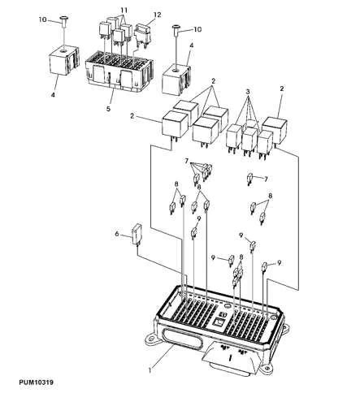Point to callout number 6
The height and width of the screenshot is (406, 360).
pos(116,235)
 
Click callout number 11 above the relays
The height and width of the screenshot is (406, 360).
pos(124,9)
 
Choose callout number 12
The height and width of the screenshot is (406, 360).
pos(158,15)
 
